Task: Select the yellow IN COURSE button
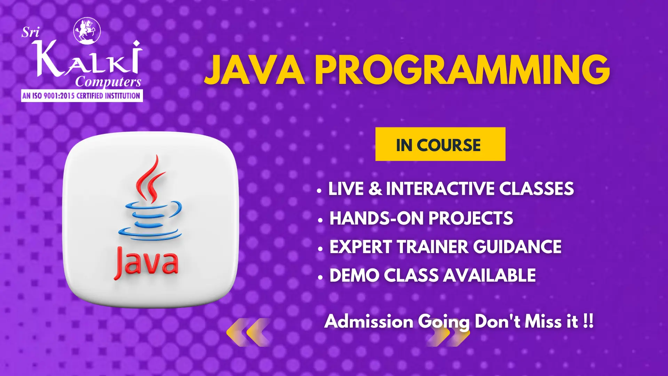[440, 144]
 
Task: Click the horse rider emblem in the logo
[87, 31]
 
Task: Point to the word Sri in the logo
[30, 32]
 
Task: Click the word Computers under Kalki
[108, 82]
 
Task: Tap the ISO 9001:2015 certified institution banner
[82, 95]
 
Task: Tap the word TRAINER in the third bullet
[433, 247]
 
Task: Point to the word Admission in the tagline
[369, 321]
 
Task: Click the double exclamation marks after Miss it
[588, 321]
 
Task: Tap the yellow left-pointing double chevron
[248, 332]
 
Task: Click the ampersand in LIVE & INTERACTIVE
[375, 189]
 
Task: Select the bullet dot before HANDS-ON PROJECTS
[320, 220]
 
